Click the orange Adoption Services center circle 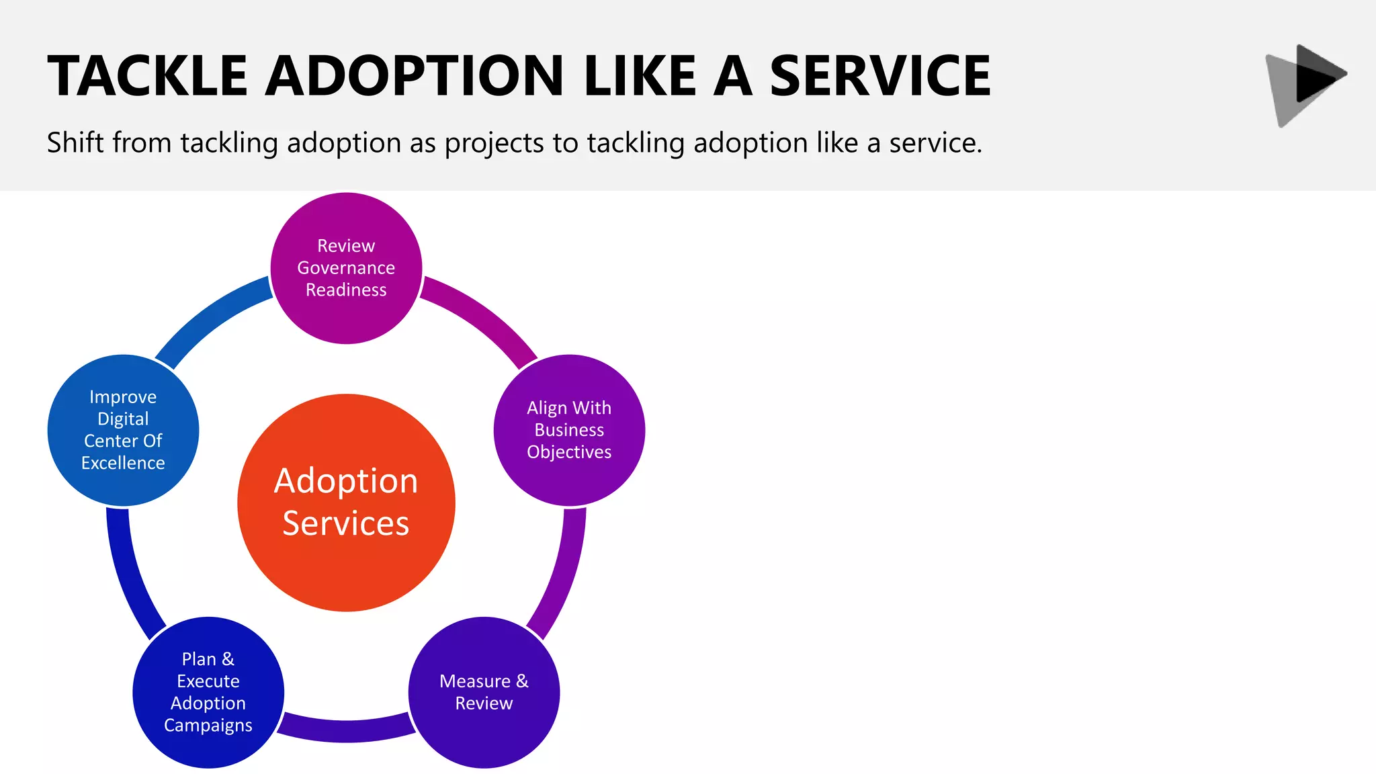pyautogui.click(x=346, y=503)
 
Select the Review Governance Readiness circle pyautogui.click(x=346, y=268)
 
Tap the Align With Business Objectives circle pyautogui.click(x=569, y=430)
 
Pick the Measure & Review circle pyautogui.click(x=484, y=692)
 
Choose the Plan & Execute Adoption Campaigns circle pyautogui.click(x=208, y=692)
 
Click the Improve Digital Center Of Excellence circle pyautogui.click(x=123, y=430)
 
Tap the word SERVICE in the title pyautogui.click(x=880, y=76)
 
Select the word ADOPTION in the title pyautogui.click(x=414, y=76)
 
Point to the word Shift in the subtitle pyautogui.click(x=75, y=142)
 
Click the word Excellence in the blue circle pyautogui.click(x=123, y=463)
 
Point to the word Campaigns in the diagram pyautogui.click(x=208, y=726)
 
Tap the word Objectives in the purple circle pyautogui.click(x=569, y=452)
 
